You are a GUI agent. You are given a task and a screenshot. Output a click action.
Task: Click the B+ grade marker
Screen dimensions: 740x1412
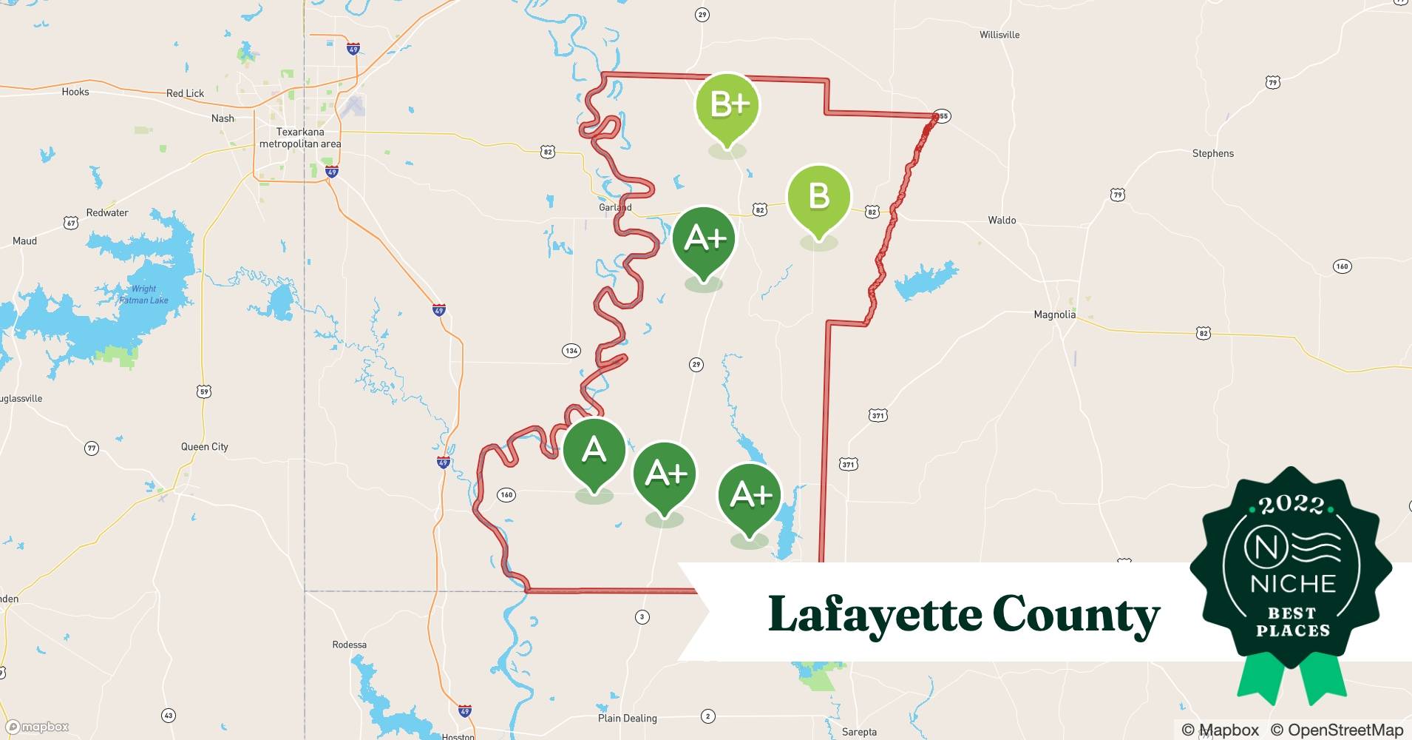[x=727, y=106]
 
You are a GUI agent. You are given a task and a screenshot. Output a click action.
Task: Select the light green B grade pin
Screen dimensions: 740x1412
[x=818, y=198]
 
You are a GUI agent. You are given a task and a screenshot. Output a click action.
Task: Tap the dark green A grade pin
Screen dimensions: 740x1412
[x=594, y=451]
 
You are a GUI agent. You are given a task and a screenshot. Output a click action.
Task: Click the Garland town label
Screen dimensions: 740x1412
[x=614, y=208]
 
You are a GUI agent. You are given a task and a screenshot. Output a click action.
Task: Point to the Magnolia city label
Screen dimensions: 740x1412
[x=1054, y=314]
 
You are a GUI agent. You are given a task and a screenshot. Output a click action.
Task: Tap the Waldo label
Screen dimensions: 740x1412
[x=1002, y=221]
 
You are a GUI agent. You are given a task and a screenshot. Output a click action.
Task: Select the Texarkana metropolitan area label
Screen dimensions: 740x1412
[x=300, y=138]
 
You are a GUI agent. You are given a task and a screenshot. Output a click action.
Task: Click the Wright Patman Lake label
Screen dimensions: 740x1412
[x=144, y=295]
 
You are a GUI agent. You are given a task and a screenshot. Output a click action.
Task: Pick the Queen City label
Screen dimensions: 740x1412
[x=205, y=447]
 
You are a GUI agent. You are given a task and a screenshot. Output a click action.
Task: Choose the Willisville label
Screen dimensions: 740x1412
[x=999, y=35]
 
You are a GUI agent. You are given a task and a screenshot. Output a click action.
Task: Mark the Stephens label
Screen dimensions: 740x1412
[x=1212, y=154]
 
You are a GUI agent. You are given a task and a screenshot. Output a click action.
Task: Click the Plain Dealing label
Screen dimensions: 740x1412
[x=627, y=718]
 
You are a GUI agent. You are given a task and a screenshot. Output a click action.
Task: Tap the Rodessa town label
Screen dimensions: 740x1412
[x=349, y=645]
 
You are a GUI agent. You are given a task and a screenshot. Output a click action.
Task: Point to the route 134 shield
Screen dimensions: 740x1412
[x=571, y=351]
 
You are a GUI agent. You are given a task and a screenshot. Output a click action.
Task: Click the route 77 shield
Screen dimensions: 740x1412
[x=92, y=448]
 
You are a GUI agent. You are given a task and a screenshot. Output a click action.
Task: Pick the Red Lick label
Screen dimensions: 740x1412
[x=185, y=93]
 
